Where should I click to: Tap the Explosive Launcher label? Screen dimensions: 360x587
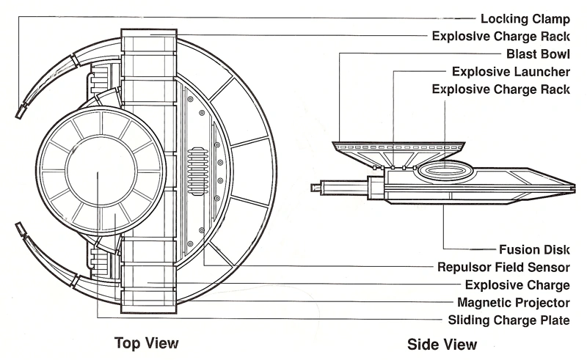click(x=511, y=72)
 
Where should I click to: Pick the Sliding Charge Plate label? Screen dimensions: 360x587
click(x=509, y=320)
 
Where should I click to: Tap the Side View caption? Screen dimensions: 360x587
click(x=442, y=344)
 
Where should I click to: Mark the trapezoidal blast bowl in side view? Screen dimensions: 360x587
click(x=394, y=151)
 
